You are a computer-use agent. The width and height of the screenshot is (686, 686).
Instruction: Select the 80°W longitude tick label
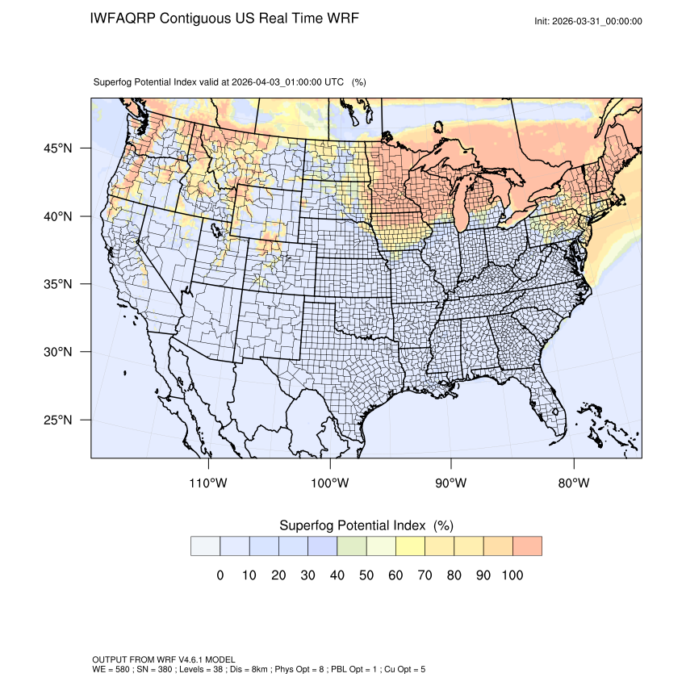(573, 483)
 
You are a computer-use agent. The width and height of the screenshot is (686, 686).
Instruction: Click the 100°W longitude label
(330, 483)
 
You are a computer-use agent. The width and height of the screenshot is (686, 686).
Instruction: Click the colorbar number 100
(512, 575)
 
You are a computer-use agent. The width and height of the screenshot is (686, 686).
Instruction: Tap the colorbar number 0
(220, 575)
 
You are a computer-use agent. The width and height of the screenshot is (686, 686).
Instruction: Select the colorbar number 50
(366, 575)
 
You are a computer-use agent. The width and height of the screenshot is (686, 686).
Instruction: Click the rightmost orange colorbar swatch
(527, 546)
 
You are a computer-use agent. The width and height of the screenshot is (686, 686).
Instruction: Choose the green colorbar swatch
(352, 546)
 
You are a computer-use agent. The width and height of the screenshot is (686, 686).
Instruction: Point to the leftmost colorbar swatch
(206, 546)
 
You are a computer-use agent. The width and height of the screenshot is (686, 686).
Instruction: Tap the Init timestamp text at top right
(588, 21)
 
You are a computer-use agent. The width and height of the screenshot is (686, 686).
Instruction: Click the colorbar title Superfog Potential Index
(352, 525)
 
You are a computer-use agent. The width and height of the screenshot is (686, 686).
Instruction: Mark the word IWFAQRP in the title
(123, 18)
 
